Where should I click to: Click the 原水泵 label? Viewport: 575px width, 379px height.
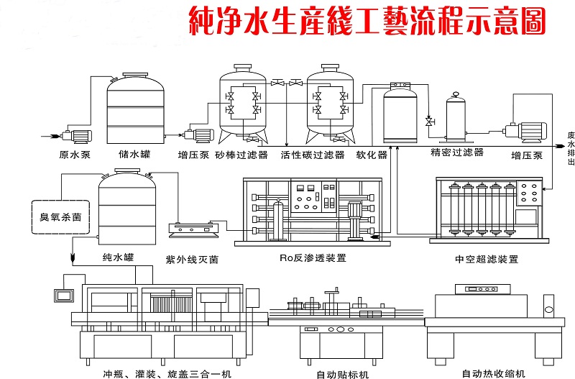tap(75, 155)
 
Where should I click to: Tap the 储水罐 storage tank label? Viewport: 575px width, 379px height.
tap(134, 154)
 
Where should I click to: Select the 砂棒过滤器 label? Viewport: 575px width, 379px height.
tap(241, 155)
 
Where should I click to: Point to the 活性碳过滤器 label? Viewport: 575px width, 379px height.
tap(313, 155)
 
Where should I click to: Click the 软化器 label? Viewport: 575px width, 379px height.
tap(372, 155)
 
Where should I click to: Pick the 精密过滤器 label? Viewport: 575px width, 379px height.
tap(457, 152)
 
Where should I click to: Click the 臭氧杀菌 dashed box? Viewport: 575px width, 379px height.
tap(61, 217)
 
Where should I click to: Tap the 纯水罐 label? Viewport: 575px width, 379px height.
tap(118, 257)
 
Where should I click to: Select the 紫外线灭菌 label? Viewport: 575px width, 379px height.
tap(192, 260)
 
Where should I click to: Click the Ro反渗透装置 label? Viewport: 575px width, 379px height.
tap(313, 258)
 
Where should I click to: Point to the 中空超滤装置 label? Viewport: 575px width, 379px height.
tap(487, 259)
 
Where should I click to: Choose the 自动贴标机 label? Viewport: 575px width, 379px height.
tap(343, 375)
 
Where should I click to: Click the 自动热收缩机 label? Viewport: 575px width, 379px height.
tap(494, 374)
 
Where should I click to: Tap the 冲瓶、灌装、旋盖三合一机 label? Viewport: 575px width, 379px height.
tap(167, 374)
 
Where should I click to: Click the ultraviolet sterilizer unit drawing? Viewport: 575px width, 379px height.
tap(193, 229)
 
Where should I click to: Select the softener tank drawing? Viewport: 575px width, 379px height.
tap(400, 113)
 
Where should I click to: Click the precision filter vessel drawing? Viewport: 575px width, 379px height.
tap(456, 117)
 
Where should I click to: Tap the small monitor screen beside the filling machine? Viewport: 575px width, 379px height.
tap(64, 296)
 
